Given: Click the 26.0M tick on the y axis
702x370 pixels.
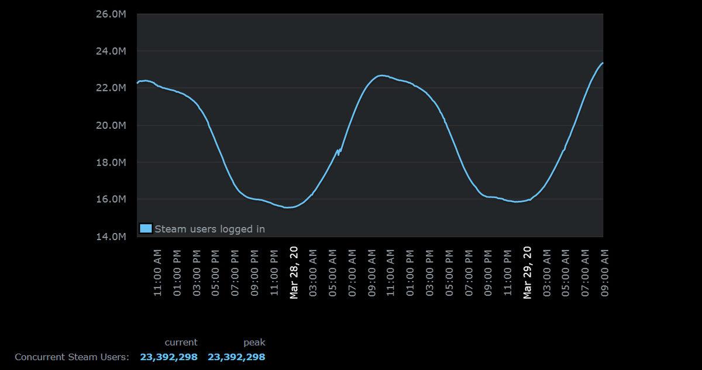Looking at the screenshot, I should click(111, 14).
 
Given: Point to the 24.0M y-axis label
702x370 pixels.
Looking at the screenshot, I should click(111, 51).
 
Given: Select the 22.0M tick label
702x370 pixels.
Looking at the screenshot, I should click(111, 88).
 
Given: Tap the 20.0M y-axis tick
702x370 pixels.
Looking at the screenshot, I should click(111, 125).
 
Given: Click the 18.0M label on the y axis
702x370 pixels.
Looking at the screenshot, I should click(111, 162).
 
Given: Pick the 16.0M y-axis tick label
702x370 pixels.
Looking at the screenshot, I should click(111, 199).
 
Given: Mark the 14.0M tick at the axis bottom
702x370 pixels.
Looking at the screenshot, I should click(111, 237).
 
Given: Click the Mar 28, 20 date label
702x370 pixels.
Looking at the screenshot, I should click(294, 272).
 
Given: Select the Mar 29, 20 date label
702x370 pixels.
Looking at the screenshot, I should click(527, 272).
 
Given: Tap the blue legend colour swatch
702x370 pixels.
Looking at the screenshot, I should click(146, 228).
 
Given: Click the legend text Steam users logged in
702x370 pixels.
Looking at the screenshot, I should click(209, 229).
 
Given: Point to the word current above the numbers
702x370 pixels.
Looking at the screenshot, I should click(181, 342).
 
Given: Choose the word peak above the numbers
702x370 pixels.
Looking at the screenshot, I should click(254, 342).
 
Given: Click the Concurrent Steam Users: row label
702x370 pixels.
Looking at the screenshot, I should click(71, 357).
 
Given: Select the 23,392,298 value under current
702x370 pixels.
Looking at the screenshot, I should click(168, 357).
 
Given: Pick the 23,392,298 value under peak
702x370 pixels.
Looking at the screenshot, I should click(236, 357).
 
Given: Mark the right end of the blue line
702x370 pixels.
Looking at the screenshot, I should click(602, 63).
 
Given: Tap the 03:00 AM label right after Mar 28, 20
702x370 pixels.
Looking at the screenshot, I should click(313, 273).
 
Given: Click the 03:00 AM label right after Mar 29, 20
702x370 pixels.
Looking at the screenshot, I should click(546, 273).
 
